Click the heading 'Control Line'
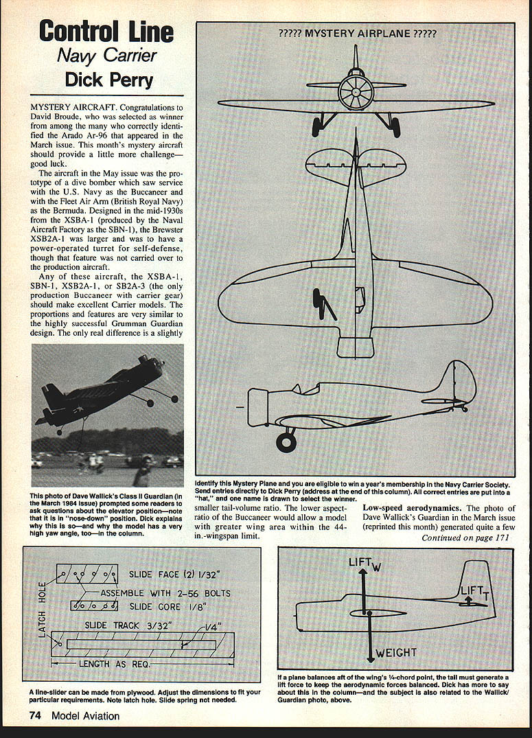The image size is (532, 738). tap(106, 32)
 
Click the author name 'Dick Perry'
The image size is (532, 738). tap(109, 80)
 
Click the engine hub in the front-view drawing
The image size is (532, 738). tap(356, 92)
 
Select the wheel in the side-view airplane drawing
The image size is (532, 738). tap(286, 441)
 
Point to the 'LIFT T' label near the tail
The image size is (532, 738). tap(474, 590)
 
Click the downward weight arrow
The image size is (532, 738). tap(370, 638)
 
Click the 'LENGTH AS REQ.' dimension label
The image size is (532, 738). tap(115, 664)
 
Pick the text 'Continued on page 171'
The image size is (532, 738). tap(467, 538)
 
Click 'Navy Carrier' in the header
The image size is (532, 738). tap(107, 56)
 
